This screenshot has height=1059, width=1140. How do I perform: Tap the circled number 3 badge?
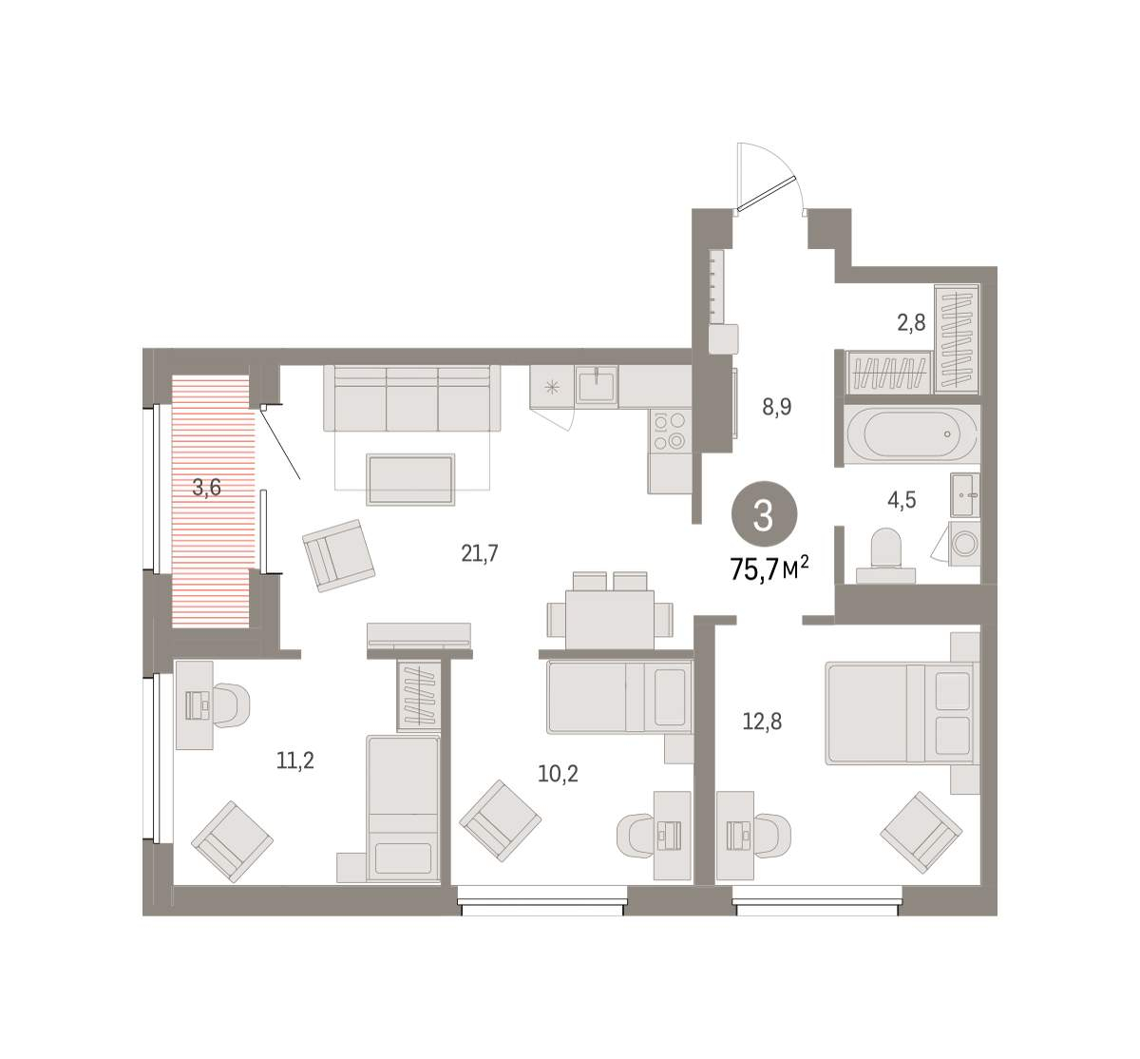(x=764, y=513)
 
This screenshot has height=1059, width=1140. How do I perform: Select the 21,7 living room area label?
(x=480, y=553)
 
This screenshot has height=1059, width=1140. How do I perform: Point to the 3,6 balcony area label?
(x=207, y=488)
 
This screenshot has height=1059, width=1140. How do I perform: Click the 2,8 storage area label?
(x=912, y=323)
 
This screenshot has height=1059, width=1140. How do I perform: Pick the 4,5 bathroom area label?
(x=902, y=500)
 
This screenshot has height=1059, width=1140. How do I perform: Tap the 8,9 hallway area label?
(x=777, y=407)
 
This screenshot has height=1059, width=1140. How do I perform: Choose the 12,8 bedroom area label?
(x=762, y=722)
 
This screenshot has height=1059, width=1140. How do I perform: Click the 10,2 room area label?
(x=558, y=774)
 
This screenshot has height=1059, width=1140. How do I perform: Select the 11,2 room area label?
(x=295, y=761)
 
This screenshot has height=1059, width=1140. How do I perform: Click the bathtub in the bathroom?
(x=912, y=434)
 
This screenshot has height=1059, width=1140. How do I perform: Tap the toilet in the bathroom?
(x=885, y=557)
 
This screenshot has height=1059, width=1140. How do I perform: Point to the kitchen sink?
(x=597, y=387)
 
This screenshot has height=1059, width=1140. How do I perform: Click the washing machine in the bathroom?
(x=964, y=544)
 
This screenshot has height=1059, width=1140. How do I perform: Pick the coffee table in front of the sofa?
(x=410, y=480)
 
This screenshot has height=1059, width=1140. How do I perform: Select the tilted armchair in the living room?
(x=338, y=555)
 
